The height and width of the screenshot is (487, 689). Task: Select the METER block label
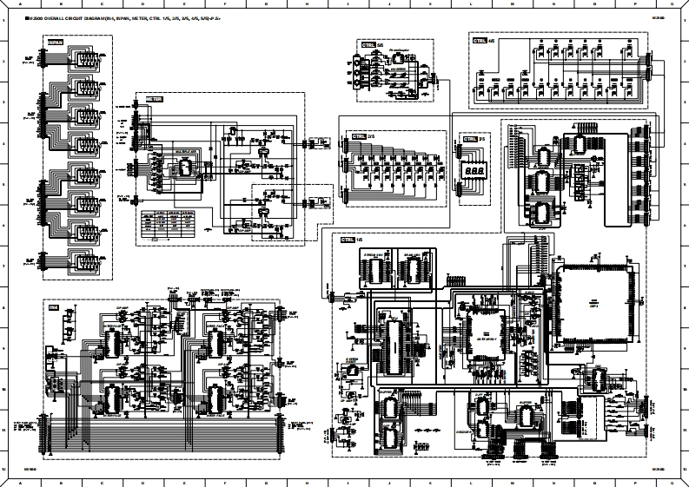pos(154,99)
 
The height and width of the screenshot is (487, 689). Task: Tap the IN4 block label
pos(54,307)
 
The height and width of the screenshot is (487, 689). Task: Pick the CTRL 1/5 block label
pos(352,240)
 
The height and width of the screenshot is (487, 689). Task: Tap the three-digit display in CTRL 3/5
pos(474,172)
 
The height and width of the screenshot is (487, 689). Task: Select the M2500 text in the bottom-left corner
pos(30,470)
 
